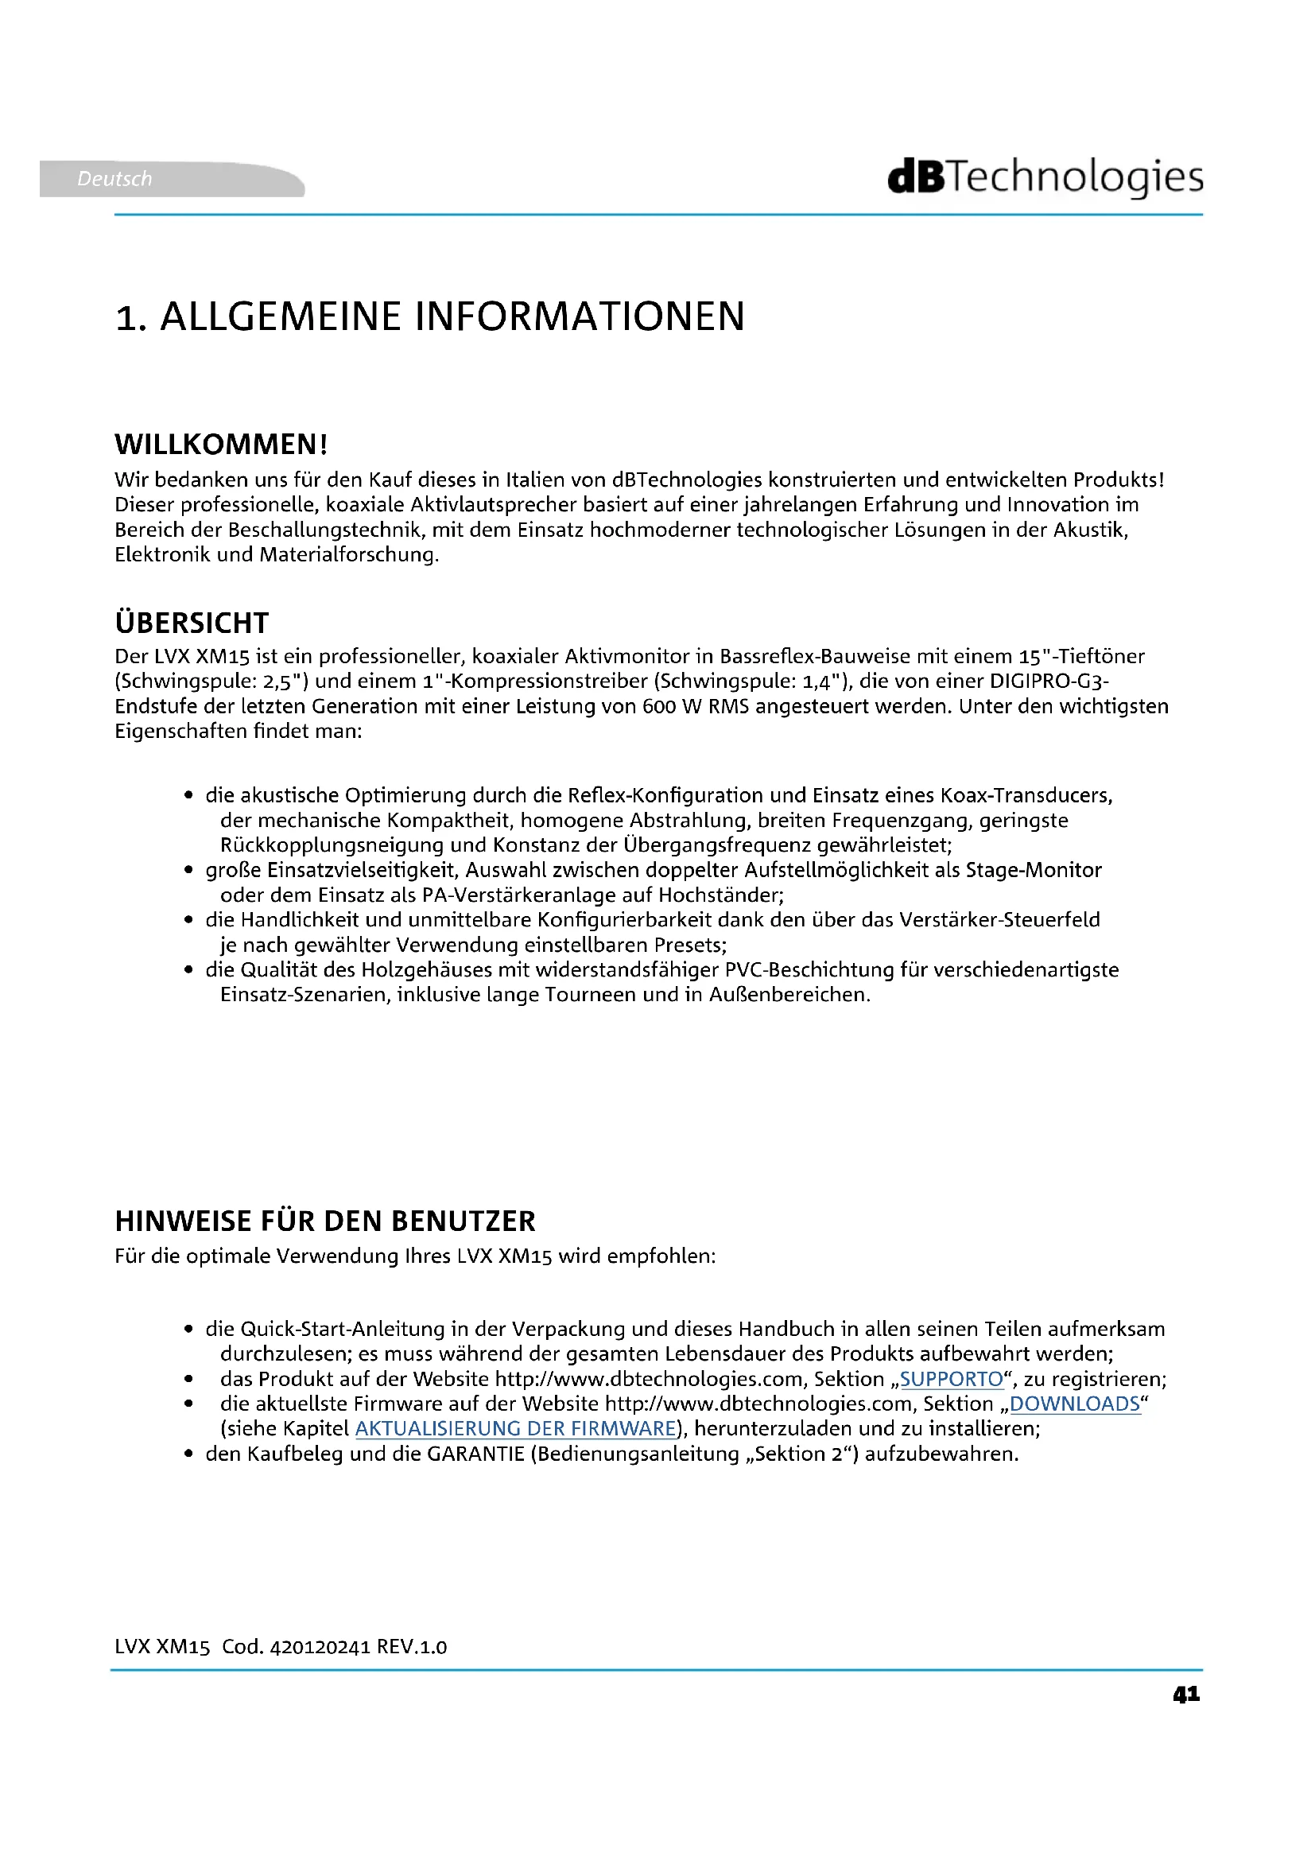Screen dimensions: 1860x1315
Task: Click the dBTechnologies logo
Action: coord(1045,177)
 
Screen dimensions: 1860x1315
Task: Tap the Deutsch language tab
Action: coord(114,179)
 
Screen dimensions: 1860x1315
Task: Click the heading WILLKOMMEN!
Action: coord(221,445)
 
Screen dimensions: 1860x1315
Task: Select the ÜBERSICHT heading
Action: coord(192,623)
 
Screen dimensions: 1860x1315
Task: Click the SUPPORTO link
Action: coord(952,1379)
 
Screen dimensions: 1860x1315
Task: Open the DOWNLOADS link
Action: coord(1075,1404)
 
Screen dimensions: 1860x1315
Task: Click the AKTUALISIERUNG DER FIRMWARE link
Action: coord(516,1428)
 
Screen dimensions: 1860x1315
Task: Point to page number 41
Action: coord(1186,1695)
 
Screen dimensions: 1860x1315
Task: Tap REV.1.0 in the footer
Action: coord(411,1647)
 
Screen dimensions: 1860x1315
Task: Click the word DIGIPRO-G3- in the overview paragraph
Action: coord(1049,681)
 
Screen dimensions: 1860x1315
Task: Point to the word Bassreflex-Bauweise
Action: coord(815,656)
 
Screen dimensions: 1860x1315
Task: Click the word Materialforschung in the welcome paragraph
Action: coord(348,555)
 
